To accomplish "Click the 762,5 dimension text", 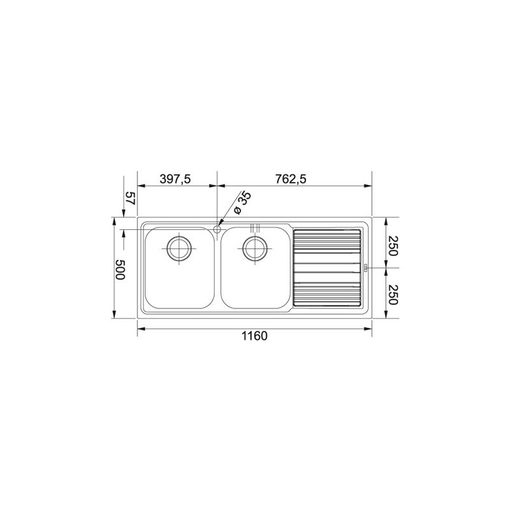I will pyautogui.click(x=292, y=179).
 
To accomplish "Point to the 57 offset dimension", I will pyautogui.click(x=129, y=198).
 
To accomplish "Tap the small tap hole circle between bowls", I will pyautogui.click(x=217, y=228).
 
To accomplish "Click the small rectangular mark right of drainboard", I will pyautogui.click(x=366, y=268).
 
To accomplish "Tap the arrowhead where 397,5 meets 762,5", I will pyautogui.click(x=217, y=187).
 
